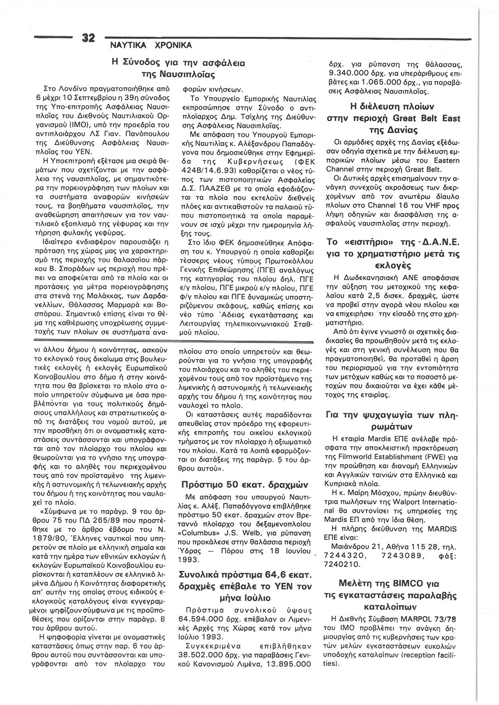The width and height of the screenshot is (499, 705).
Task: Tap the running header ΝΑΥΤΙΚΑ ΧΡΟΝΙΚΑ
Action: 147,45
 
